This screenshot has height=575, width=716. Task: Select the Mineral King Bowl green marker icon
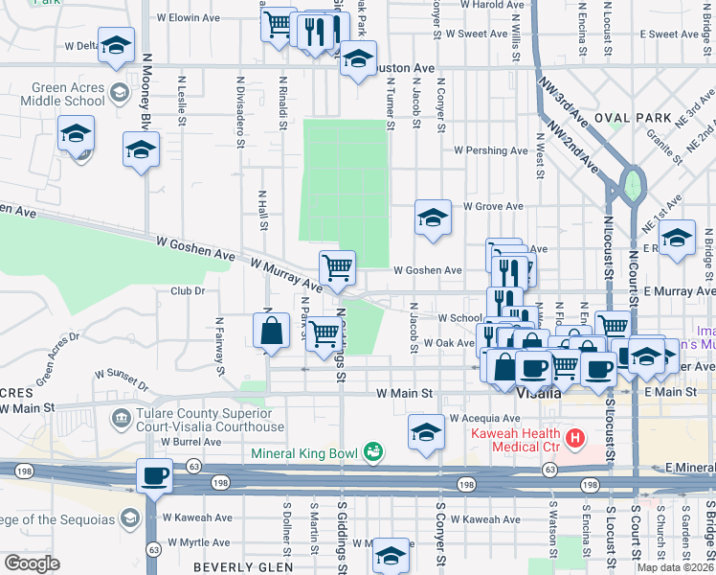373,451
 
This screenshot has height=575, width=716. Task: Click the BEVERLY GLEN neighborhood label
236,567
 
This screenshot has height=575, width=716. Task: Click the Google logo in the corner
32,563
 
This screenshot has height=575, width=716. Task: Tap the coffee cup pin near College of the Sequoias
154,474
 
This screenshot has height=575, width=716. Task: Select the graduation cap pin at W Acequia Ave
426,431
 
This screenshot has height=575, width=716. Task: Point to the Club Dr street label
189,290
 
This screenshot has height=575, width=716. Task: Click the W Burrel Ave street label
190,443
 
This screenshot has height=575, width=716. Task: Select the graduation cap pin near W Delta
117,45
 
